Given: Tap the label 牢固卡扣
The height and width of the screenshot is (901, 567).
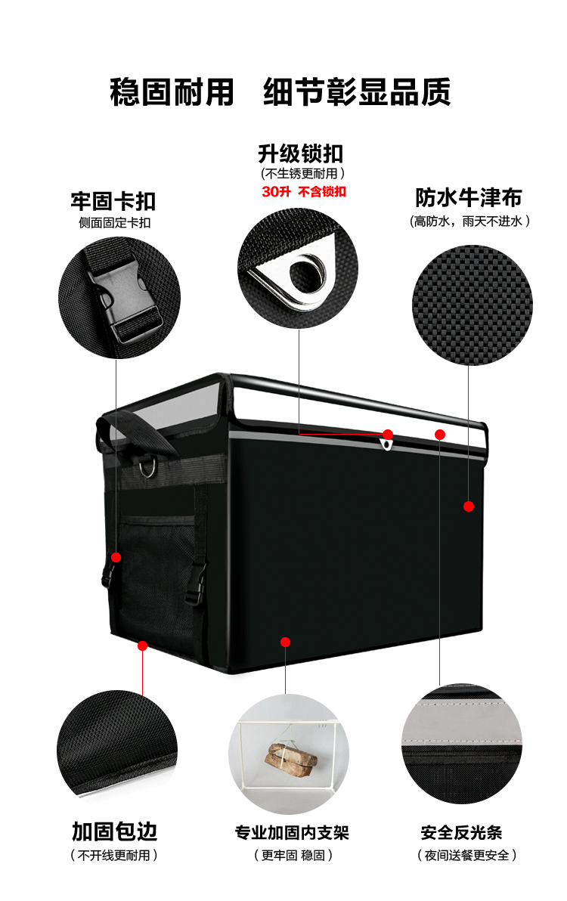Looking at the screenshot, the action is (x=113, y=201).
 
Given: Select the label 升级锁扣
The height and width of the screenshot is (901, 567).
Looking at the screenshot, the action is (x=301, y=154).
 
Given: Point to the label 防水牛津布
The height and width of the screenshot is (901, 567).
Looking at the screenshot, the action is (x=469, y=198).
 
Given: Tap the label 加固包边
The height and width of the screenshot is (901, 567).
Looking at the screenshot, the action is (x=115, y=831).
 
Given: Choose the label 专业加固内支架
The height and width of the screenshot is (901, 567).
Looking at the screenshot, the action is (x=292, y=833).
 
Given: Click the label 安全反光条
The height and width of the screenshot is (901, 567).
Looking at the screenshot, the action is (x=461, y=833).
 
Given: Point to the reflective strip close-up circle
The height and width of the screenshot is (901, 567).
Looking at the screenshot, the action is (x=462, y=745).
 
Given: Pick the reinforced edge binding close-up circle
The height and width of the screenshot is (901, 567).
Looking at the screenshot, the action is (x=117, y=745).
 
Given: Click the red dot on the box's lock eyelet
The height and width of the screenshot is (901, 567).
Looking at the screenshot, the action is (x=388, y=435).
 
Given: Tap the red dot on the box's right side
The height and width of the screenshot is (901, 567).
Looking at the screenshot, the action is (x=469, y=506).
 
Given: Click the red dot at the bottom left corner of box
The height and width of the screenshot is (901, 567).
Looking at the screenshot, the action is (x=142, y=645).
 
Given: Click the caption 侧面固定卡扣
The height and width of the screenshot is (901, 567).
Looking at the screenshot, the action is (x=114, y=222).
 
